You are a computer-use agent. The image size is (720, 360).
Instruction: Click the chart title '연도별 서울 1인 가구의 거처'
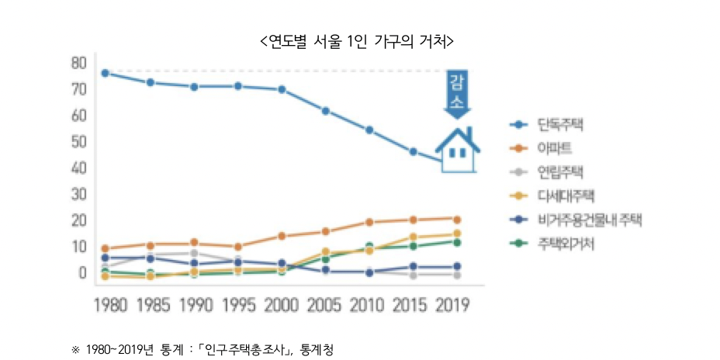click(356, 40)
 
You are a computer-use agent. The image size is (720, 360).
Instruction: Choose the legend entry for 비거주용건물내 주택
click(590, 220)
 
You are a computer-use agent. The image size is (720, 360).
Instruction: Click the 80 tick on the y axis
click(78, 63)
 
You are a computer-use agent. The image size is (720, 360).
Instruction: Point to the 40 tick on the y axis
click(78, 168)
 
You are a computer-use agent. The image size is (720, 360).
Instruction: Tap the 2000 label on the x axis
click(282, 304)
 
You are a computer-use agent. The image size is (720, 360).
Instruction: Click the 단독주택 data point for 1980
click(105, 73)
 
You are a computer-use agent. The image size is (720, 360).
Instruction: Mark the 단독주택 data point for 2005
click(326, 111)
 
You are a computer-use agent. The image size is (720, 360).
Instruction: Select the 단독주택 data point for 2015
click(414, 151)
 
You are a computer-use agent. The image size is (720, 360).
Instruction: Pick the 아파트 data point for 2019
click(457, 220)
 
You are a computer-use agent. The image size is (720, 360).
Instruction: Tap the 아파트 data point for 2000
click(282, 236)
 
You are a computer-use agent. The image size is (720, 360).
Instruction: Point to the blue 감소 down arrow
click(457, 95)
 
